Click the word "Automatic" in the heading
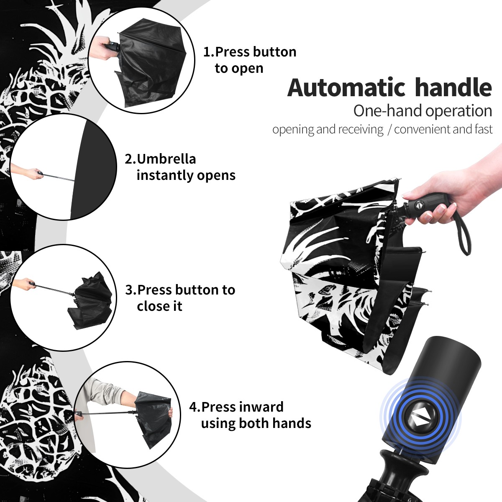pyautogui.click(x=346, y=87)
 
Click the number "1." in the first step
pyautogui.click(x=209, y=52)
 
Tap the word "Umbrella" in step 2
pyautogui.click(x=166, y=159)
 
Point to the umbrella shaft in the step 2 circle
pyautogui.click(x=59, y=177)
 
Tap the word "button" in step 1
pyautogui.click(x=274, y=52)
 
